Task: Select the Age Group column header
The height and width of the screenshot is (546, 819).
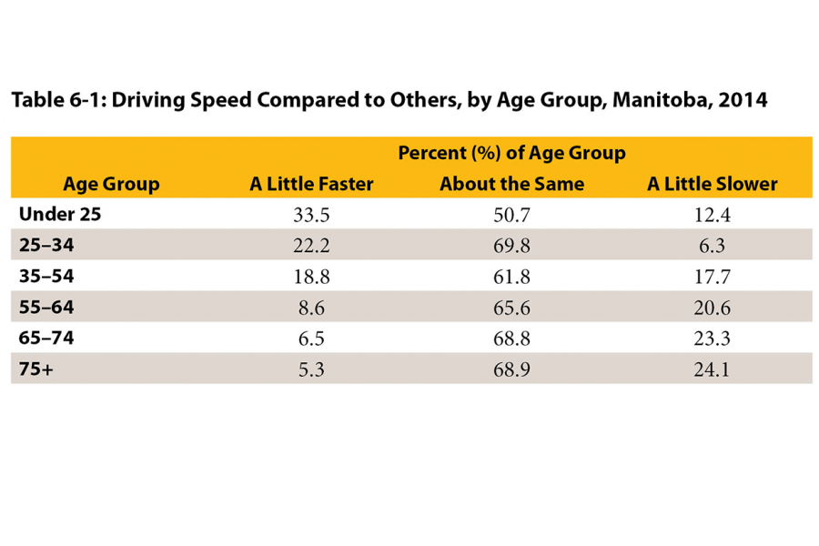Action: (x=111, y=184)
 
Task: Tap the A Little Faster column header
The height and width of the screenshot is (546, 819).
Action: (x=311, y=184)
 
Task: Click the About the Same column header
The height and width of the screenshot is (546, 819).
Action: (x=511, y=184)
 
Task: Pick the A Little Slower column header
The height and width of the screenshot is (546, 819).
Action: (x=713, y=184)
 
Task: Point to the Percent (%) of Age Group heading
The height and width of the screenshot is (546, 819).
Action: (x=511, y=153)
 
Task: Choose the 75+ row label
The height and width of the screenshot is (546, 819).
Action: (x=36, y=369)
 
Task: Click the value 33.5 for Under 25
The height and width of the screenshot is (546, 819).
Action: (x=311, y=215)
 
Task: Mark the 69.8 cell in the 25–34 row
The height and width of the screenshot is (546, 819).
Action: (x=511, y=246)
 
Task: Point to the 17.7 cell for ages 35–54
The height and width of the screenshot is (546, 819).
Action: (x=713, y=277)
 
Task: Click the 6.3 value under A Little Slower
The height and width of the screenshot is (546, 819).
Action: (x=713, y=246)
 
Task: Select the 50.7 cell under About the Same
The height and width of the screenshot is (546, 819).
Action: (x=511, y=215)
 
